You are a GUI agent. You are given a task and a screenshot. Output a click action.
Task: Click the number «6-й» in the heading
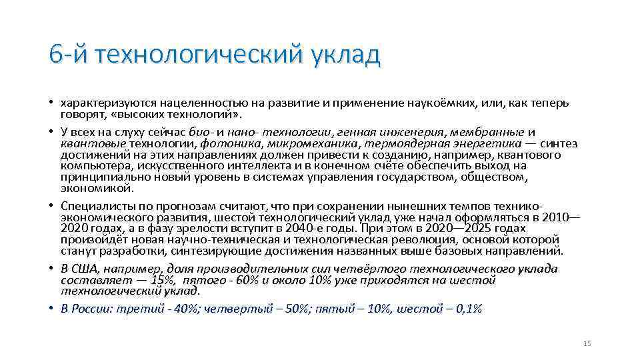[x=70, y=54]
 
